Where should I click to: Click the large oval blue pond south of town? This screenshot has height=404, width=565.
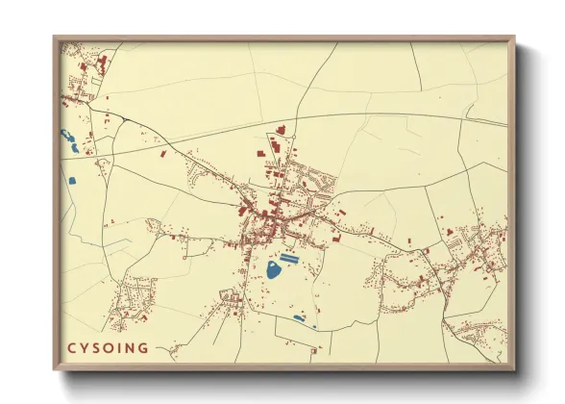[274, 270]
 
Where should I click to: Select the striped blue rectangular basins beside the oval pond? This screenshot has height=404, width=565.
[288, 258]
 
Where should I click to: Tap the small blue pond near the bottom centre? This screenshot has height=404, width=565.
[298, 318]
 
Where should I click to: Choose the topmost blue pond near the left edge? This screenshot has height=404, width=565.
[65, 135]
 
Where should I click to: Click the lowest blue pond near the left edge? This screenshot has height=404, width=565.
[72, 180]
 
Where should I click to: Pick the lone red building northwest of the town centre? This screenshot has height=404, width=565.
[162, 153]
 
